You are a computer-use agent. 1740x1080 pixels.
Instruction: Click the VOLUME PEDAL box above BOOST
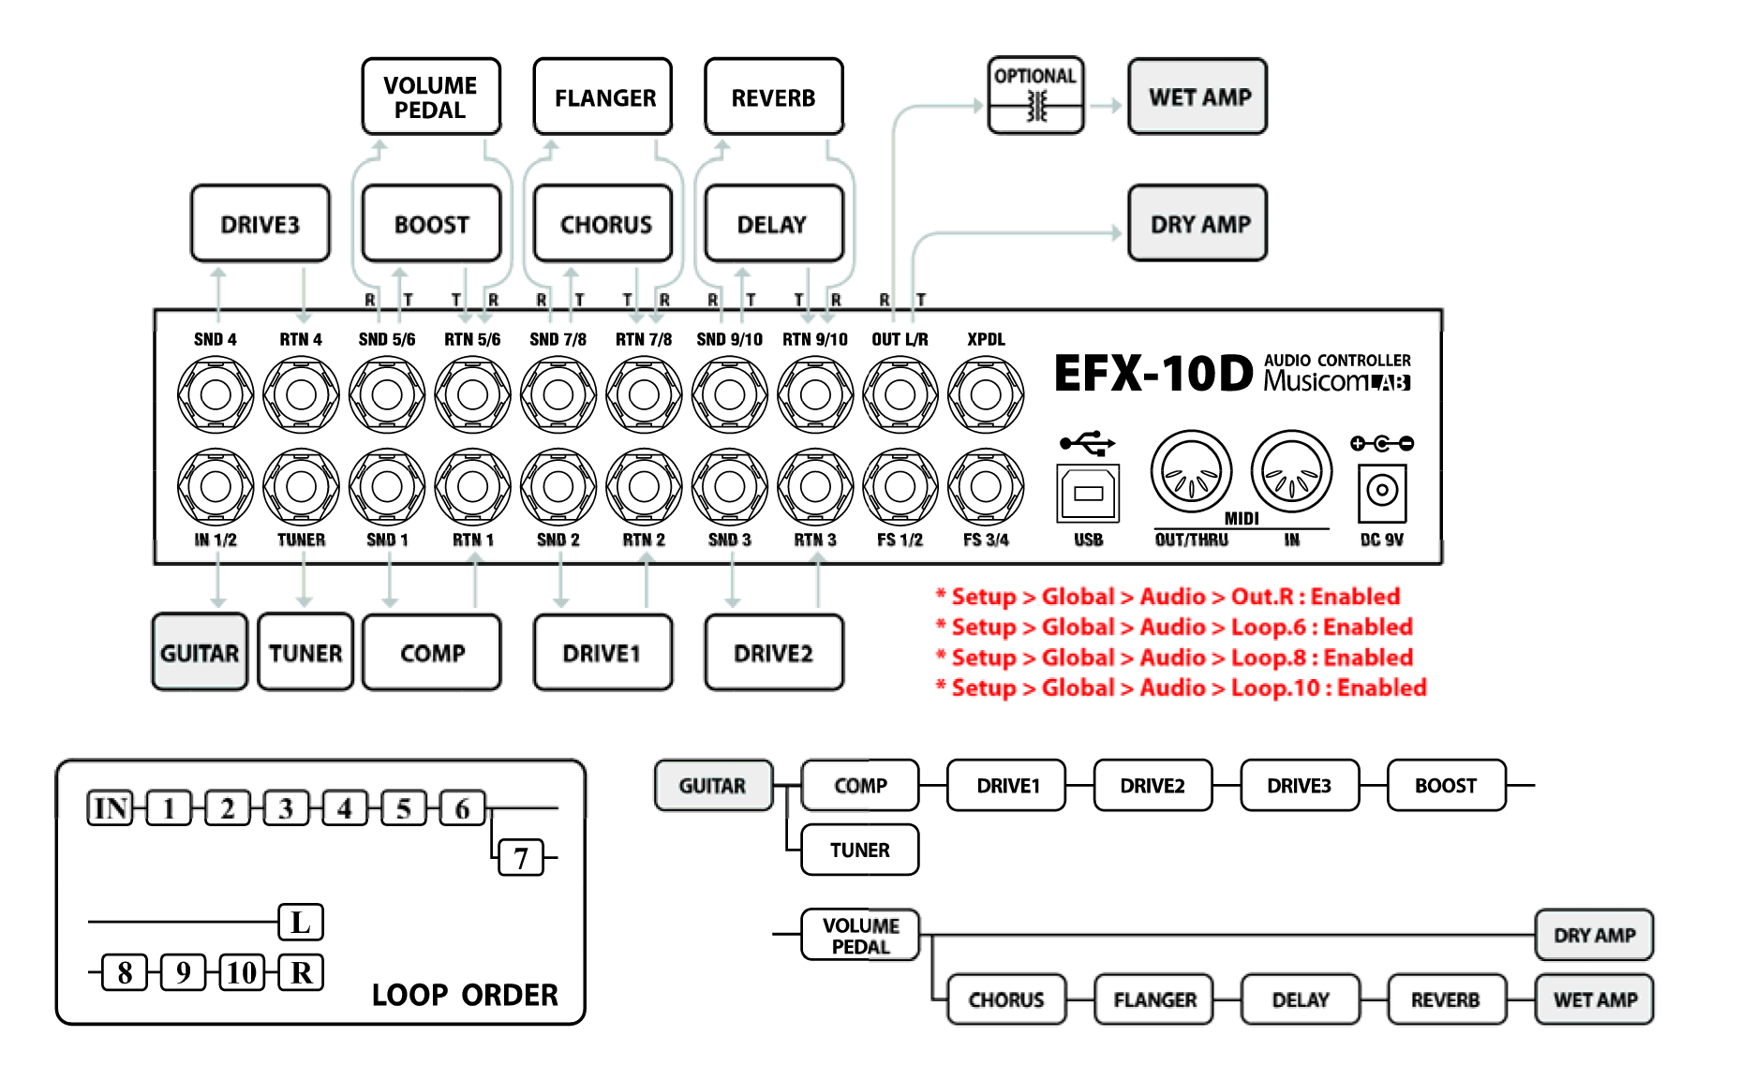click(431, 97)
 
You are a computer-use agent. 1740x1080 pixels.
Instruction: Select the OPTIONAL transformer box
click(1035, 96)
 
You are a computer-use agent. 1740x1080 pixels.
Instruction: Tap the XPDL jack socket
click(986, 395)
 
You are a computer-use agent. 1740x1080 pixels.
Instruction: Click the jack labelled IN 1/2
click(216, 486)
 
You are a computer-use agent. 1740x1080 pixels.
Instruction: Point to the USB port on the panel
click(1088, 493)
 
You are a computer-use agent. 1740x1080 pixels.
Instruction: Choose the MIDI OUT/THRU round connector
click(1191, 471)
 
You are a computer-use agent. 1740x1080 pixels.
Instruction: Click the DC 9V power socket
click(1382, 491)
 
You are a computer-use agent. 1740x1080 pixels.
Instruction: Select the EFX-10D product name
click(1153, 374)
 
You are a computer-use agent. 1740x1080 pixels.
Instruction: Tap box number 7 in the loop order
click(521, 857)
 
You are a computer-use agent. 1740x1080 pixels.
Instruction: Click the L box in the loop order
click(301, 922)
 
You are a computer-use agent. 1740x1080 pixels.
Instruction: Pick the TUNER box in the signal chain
click(859, 850)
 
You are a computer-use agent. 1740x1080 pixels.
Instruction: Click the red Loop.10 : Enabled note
click(1181, 688)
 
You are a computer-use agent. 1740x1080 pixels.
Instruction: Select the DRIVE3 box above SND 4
click(260, 224)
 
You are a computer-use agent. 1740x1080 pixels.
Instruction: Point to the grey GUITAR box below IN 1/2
click(200, 653)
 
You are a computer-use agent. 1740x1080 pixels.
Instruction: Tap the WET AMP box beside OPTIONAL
click(1198, 97)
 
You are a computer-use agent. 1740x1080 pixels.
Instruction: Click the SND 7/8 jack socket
click(558, 395)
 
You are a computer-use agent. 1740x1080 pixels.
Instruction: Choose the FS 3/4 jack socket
click(986, 486)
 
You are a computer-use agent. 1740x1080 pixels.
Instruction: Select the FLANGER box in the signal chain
click(1153, 999)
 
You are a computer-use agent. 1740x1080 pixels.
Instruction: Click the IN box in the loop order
click(111, 807)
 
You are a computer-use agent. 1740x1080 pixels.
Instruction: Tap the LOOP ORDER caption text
click(465, 995)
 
